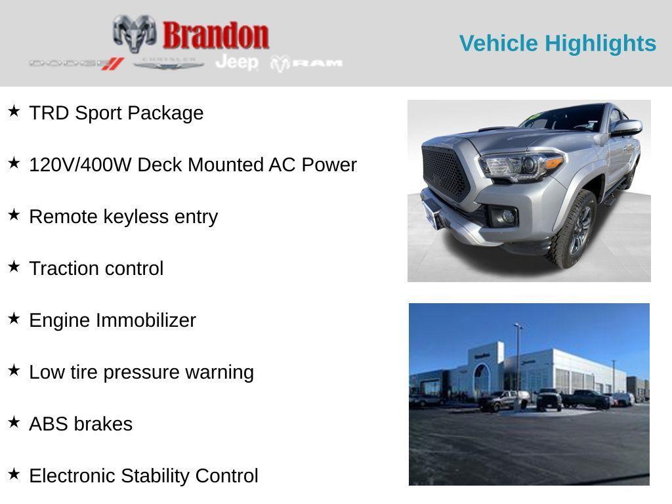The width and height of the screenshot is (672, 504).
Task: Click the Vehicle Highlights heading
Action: click(557, 43)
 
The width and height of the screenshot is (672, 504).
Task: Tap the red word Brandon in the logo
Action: click(216, 35)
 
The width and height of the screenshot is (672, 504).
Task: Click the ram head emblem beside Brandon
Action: click(135, 33)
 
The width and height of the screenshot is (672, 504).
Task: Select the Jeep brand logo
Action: click(237, 62)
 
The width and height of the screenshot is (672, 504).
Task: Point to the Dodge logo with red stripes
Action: click(76, 64)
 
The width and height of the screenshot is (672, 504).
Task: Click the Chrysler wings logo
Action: click(169, 64)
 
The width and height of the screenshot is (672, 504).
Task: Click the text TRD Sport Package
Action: click(116, 113)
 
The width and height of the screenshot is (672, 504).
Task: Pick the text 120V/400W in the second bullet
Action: click(81, 165)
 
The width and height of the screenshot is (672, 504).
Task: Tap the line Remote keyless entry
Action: click(123, 217)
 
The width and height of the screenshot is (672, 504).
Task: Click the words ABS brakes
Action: click(81, 424)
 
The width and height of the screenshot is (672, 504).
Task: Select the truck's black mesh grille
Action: click(445, 173)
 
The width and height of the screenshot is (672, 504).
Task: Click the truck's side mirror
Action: click(625, 128)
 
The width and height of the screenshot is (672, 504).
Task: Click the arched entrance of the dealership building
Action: click(482, 379)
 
